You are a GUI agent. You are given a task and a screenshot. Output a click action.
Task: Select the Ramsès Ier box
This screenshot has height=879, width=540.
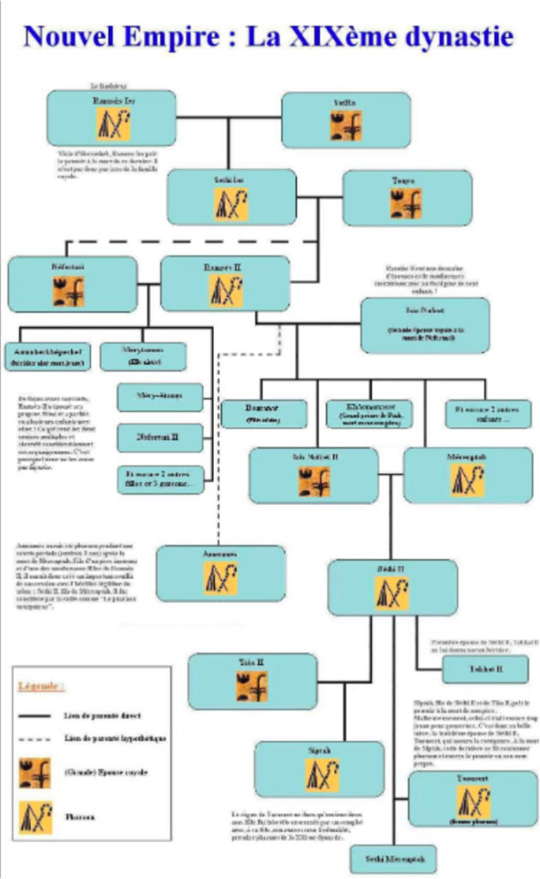point(111,118)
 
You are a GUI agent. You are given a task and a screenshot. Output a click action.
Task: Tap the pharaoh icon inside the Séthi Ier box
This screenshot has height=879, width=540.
point(230,203)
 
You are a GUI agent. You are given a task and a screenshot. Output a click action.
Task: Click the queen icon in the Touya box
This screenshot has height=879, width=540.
point(406,204)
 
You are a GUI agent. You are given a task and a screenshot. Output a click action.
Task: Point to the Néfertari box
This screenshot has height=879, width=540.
point(72,283)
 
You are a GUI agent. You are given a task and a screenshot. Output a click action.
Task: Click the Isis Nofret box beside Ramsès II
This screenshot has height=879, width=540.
point(424,324)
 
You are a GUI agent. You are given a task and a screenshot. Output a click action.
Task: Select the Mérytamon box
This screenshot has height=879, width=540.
point(142,356)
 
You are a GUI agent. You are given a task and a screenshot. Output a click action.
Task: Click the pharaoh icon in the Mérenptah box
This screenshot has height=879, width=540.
point(468,481)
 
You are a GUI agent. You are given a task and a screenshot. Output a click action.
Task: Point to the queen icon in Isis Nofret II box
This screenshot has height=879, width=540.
point(314,482)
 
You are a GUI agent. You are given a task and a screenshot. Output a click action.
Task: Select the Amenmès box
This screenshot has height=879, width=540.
point(220,573)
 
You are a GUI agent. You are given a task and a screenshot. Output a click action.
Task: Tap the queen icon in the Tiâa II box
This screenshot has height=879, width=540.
point(252,686)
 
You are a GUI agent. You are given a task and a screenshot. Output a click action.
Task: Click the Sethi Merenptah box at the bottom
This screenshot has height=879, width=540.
point(394,858)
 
